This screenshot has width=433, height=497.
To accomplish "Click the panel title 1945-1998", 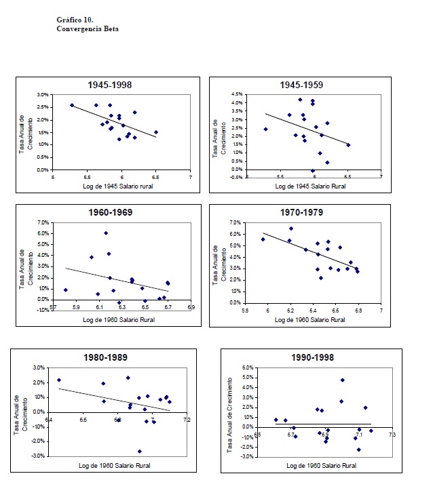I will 109,85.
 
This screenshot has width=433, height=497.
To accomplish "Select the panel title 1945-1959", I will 301,85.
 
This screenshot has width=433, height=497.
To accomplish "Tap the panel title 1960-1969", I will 109,213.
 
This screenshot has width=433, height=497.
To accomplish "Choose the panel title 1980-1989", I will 105,357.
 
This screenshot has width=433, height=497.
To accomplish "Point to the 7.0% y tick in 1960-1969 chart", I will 42,222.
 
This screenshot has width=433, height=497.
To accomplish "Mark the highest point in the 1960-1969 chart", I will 106,233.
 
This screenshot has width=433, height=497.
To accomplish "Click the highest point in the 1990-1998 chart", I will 342,380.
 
